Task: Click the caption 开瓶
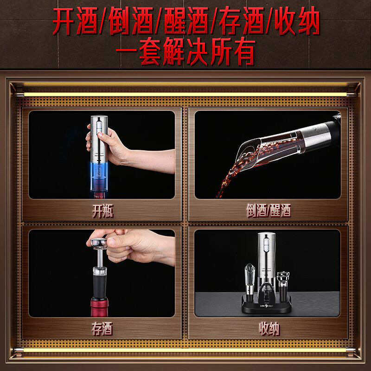(x=102, y=211)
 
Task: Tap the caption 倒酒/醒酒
(x=268, y=211)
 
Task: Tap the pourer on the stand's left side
(x=249, y=278)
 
